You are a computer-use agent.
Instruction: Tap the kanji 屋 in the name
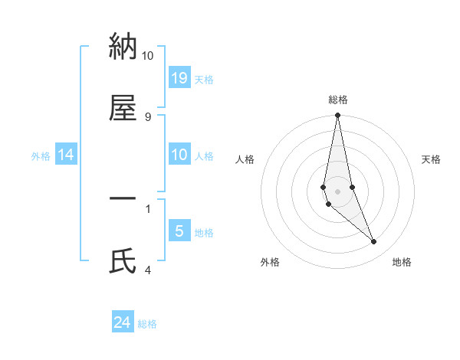tap(123, 109)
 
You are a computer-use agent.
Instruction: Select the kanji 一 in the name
tap(123, 199)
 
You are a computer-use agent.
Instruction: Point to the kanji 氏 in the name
tap(123, 261)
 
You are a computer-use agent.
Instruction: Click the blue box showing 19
tap(179, 78)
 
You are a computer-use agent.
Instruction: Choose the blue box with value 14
tap(66, 155)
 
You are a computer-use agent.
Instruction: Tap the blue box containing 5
tap(179, 231)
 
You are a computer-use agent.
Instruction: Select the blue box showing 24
tap(123, 322)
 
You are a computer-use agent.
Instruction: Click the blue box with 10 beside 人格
tap(179, 155)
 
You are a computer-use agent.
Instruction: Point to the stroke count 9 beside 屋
tap(148, 116)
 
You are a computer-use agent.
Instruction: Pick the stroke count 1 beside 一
tap(148, 208)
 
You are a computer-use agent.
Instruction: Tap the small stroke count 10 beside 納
tap(148, 56)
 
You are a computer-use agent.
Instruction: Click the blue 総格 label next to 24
tap(147, 324)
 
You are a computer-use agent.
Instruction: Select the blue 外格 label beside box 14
tap(41, 156)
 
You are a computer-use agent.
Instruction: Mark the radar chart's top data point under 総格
tap(337, 116)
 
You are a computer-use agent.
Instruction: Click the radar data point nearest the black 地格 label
tap(374, 242)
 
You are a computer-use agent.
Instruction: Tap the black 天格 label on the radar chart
tap(431, 159)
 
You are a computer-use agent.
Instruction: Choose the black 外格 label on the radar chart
tap(270, 262)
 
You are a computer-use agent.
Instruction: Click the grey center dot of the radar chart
tap(337, 191)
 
